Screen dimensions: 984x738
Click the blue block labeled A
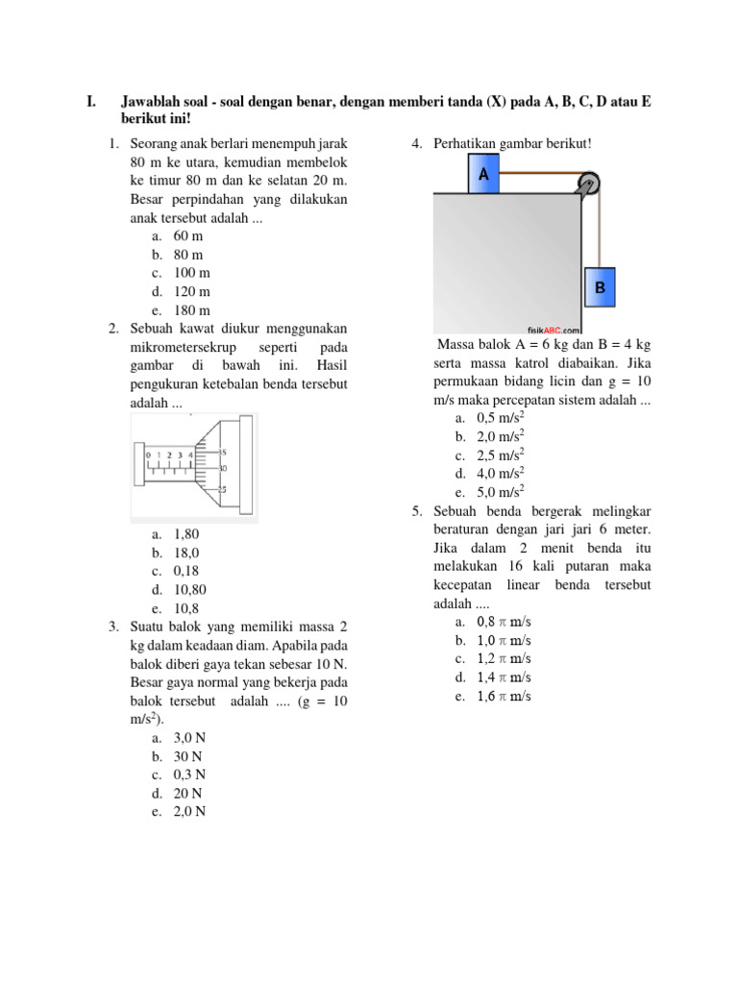[x=483, y=177]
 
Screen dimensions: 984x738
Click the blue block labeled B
[x=600, y=287]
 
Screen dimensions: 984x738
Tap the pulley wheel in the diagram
[x=588, y=184]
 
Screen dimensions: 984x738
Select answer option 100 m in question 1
[x=191, y=273]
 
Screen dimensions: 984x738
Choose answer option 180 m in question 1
[x=191, y=309]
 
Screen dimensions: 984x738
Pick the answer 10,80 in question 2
[x=189, y=590]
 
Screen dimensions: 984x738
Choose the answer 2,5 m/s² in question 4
[x=500, y=455]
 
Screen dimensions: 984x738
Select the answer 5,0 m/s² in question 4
[x=500, y=492]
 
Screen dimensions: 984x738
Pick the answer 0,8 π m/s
[x=504, y=623]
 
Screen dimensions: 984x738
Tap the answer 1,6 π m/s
[x=504, y=696]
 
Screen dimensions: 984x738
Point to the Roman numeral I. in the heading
[x=91, y=102]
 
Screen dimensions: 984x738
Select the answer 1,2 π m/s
[x=504, y=659]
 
